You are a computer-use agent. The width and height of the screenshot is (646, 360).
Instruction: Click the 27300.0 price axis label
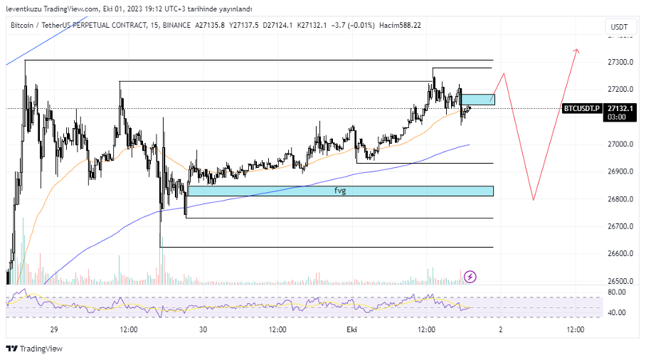pyautogui.click(x=620, y=62)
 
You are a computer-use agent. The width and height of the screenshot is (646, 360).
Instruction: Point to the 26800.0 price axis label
pyautogui.click(x=620, y=199)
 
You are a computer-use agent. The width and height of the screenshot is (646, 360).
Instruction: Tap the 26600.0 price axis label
pyautogui.click(x=620, y=254)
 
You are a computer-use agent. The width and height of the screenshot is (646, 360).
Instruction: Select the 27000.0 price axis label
pyautogui.click(x=620, y=144)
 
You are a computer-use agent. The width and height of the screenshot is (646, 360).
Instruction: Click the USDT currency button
pyautogui.click(x=618, y=27)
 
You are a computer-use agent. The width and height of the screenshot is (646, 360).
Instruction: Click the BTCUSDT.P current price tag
pyautogui.click(x=582, y=108)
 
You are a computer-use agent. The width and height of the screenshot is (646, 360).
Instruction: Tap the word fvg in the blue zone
pyautogui.click(x=340, y=191)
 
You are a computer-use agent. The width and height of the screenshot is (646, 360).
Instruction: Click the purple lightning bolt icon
pyautogui.click(x=470, y=276)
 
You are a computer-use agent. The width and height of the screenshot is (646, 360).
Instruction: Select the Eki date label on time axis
pyautogui.click(x=351, y=329)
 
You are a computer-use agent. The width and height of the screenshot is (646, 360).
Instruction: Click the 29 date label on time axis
pyautogui.click(x=54, y=329)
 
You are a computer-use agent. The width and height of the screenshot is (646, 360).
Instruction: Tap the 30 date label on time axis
pyautogui.click(x=203, y=329)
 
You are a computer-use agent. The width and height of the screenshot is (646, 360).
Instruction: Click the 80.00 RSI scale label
pyautogui.click(x=616, y=292)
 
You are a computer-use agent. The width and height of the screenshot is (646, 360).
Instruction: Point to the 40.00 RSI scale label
pyautogui.click(x=616, y=313)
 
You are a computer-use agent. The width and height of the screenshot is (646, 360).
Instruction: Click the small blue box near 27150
pyautogui.click(x=477, y=100)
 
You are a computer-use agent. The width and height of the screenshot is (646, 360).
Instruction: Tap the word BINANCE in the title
pyautogui.click(x=176, y=25)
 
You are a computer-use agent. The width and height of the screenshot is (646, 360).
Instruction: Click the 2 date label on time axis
pyautogui.click(x=501, y=329)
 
